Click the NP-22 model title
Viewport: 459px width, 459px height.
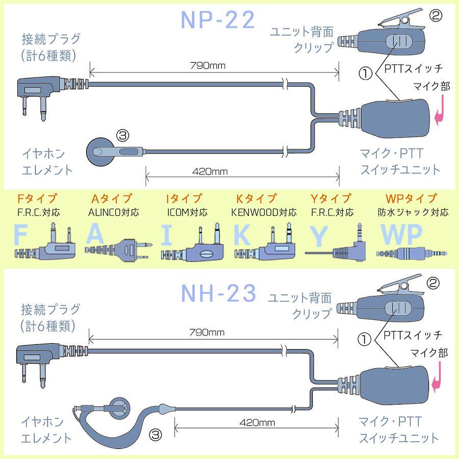tap(218, 20)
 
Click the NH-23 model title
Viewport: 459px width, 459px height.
tap(218, 293)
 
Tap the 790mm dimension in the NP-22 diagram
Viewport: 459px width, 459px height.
tap(208, 65)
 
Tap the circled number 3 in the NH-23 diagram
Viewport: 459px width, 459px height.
tap(157, 435)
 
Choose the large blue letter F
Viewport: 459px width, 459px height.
tap(21, 236)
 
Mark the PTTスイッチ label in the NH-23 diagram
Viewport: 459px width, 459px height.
tap(412, 336)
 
